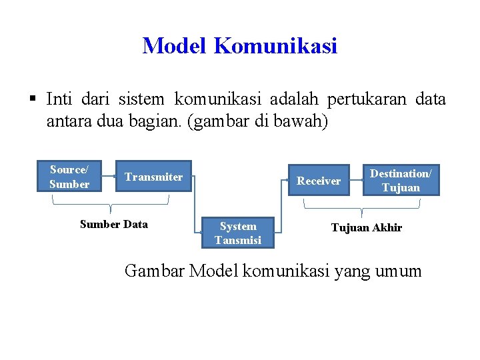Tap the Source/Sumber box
pyautogui.click(x=69, y=177)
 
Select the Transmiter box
pyautogui.click(x=153, y=177)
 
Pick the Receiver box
pyautogui.click(x=318, y=181)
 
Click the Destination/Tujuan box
pyautogui.click(x=401, y=181)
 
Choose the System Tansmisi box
pyautogui.click(x=238, y=233)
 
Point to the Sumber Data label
pyautogui.click(x=114, y=224)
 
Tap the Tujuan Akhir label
pyautogui.click(x=367, y=227)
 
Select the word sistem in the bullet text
pyautogui.click(x=141, y=99)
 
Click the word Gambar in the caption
pyautogui.click(x=155, y=271)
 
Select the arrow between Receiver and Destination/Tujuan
pyautogui.click(x=356, y=181)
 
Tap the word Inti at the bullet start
pyautogui.click(x=61, y=99)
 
